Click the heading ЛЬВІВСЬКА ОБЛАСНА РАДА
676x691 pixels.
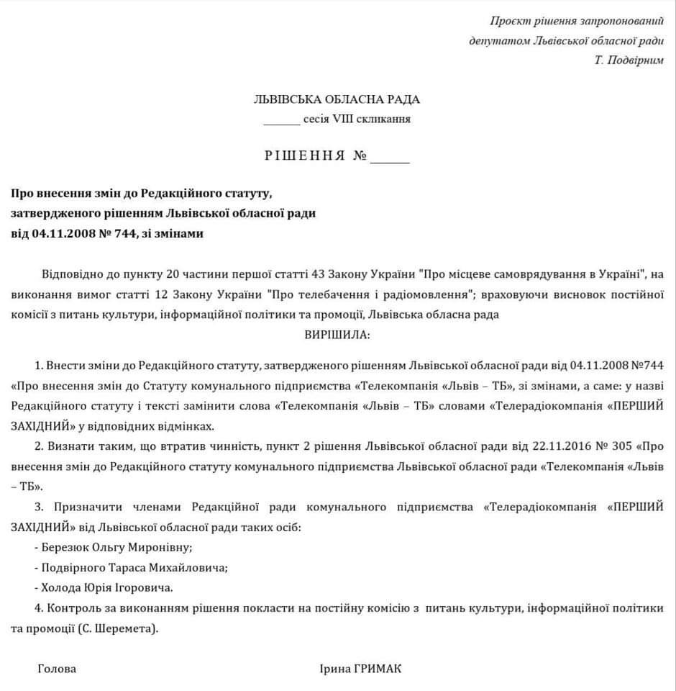point(337,99)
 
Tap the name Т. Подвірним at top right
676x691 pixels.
point(629,60)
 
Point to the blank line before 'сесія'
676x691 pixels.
point(281,119)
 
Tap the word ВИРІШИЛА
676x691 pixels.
point(337,335)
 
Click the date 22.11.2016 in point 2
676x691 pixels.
point(569,446)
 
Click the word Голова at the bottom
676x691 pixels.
point(57,669)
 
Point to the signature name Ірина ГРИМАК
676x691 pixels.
point(360,669)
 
